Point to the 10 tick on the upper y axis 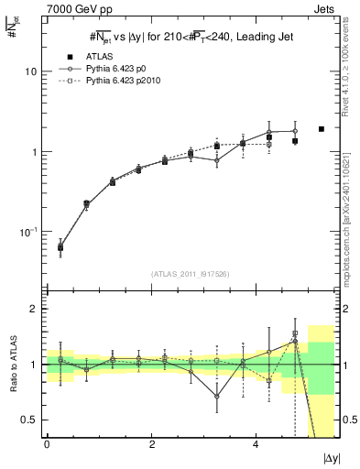31,71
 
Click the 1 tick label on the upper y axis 34,152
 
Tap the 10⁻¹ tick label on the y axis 28,232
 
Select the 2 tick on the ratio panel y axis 34,309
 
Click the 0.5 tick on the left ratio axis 28,420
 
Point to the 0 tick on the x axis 47,444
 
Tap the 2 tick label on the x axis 151,444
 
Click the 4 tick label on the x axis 256,444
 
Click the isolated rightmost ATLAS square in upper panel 322,129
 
